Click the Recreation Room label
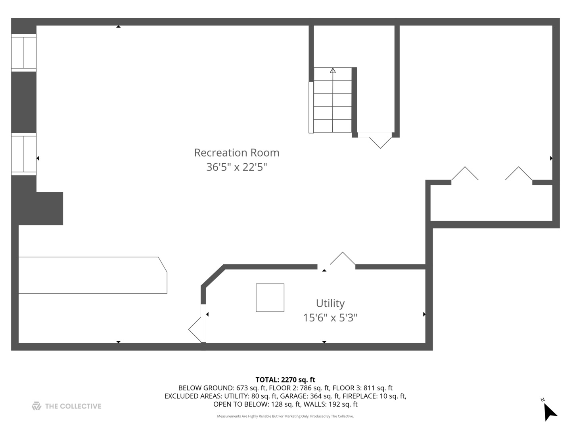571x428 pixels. (x=236, y=153)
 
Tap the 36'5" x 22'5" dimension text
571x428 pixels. (x=236, y=167)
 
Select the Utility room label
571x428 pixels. (x=330, y=303)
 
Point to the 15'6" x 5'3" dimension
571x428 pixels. (x=330, y=317)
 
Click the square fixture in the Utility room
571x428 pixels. (x=270, y=298)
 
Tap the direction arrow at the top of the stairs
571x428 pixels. (x=333, y=71)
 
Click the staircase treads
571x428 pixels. (x=333, y=103)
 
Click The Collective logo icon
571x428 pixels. (x=36, y=406)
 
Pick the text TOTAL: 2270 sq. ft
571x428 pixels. (x=285, y=380)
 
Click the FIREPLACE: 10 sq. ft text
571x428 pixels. (x=374, y=396)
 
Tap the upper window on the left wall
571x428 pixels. (x=24, y=52)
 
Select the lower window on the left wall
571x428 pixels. (x=24, y=155)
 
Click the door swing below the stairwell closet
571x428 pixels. (x=380, y=142)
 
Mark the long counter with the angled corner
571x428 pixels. (x=92, y=275)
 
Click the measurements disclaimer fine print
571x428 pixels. (x=285, y=416)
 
